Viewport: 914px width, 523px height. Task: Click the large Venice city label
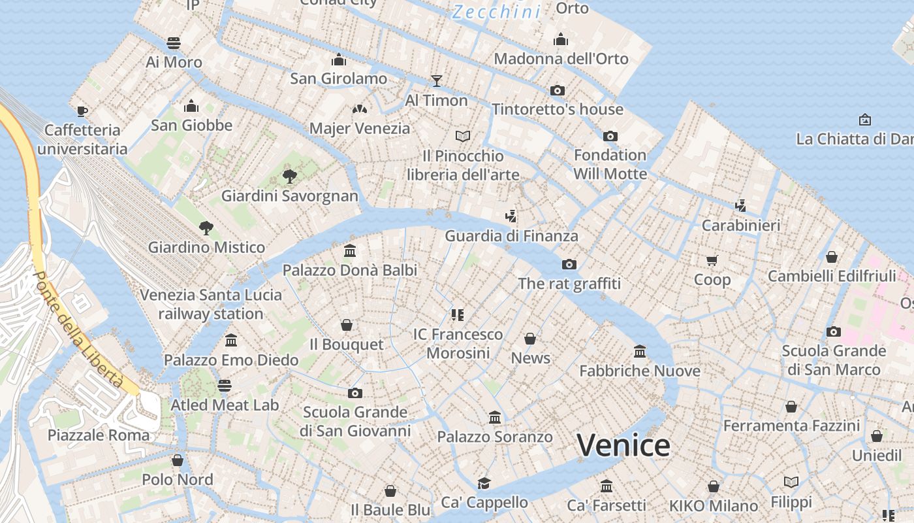tap(623, 446)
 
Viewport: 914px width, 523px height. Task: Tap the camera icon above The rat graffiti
tap(569, 265)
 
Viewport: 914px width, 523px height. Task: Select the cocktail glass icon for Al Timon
tap(437, 81)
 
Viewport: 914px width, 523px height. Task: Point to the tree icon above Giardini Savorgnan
tap(289, 177)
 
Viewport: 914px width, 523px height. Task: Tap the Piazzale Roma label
tap(99, 435)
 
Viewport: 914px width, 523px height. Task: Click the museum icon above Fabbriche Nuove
tap(640, 352)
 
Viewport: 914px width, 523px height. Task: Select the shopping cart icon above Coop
tap(712, 260)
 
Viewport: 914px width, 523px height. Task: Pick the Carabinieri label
tap(741, 226)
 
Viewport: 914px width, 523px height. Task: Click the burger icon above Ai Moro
tap(174, 43)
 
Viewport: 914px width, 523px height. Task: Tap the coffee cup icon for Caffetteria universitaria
tap(82, 111)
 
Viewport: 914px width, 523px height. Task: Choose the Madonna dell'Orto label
tap(561, 59)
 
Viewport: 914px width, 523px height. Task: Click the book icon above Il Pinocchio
tap(463, 136)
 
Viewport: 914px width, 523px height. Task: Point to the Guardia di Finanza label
tap(511, 235)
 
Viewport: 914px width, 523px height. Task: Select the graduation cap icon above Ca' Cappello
tap(484, 483)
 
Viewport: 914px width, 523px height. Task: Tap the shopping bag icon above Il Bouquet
tap(347, 325)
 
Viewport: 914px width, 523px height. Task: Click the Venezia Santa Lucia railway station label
tap(211, 304)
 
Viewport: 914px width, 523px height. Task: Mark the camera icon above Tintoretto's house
tap(558, 90)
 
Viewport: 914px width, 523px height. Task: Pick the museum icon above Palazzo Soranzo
tap(495, 417)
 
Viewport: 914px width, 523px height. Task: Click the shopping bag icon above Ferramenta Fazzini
tap(791, 407)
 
